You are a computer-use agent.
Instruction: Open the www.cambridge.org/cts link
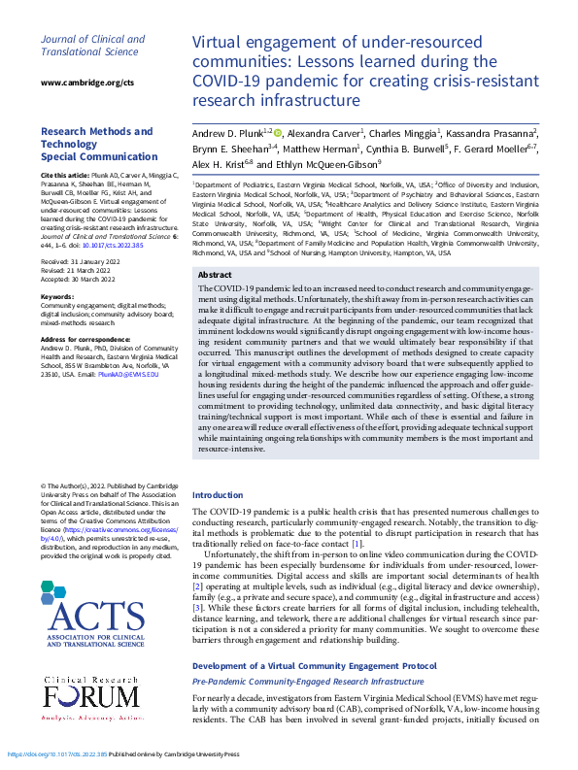click(86, 84)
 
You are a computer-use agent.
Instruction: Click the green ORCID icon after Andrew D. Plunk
click(278, 133)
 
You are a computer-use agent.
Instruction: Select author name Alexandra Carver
click(326, 133)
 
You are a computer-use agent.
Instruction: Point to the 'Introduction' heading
click(218, 495)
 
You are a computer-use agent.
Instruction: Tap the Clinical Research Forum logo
click(92, 703)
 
